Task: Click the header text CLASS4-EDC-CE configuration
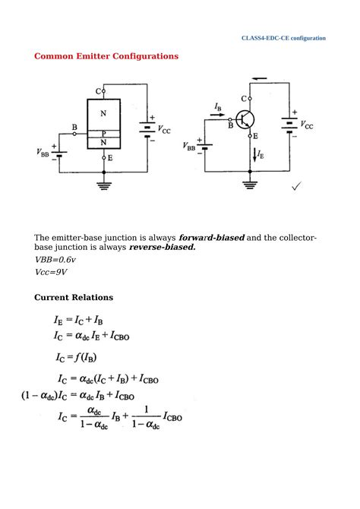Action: [283, 38]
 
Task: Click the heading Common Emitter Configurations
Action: [106, 56]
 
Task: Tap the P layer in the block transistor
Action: [104, 133]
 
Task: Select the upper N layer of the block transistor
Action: [104, 113]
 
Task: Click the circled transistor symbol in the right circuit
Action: [245, 119]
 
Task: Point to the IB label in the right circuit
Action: [218, 108]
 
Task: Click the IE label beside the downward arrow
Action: [260, 154]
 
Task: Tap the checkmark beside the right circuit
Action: [296, 186]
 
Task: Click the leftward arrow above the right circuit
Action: [259, 77]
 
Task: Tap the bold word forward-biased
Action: [211, 237]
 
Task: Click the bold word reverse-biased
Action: [162, 247]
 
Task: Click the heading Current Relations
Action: [74, 297]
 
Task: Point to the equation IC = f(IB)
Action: [76, 357]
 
